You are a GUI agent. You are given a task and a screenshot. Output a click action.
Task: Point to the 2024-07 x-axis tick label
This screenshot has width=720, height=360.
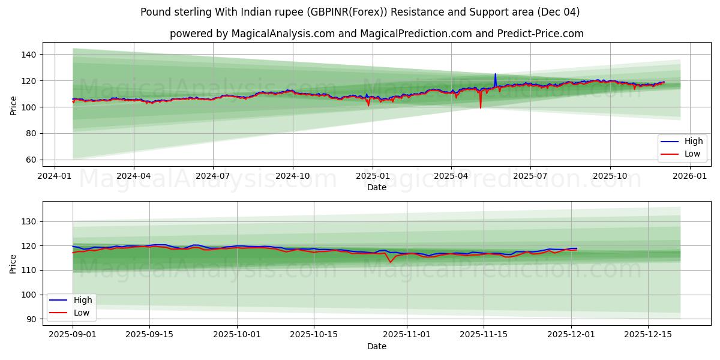click(213, 176)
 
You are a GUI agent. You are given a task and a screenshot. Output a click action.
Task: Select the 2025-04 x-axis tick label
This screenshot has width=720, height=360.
click(451, 176)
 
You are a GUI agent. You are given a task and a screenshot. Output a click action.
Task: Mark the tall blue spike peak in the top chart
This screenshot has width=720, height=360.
click(495, 74)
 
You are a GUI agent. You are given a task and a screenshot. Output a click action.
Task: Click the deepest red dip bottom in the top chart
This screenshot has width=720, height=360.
click(480, 107)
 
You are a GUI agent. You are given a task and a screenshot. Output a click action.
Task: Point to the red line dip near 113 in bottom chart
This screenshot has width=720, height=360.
click(390, 262)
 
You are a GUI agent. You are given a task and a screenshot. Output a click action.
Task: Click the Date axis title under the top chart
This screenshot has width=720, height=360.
click(376, 188)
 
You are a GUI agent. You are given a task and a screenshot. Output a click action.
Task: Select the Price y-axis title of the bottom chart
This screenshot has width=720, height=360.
click(13, 263)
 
